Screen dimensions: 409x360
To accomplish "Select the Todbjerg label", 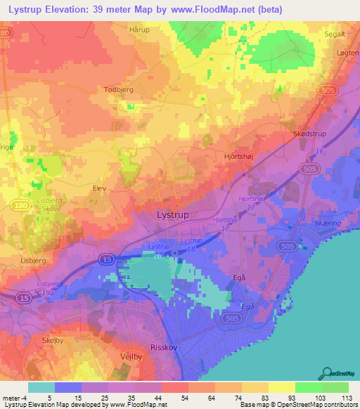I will pos(119,89).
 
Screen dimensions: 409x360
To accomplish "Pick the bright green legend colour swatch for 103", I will pos(308,387).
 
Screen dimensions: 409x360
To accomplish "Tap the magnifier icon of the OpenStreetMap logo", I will pos(327,372).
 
